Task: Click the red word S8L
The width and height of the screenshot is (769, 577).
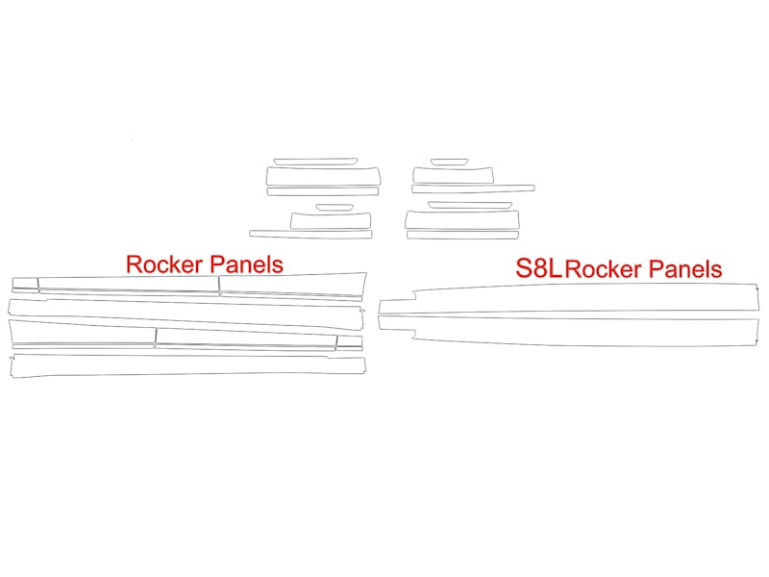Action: point(538,268)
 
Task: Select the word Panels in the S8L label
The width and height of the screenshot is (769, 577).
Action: point(685,269)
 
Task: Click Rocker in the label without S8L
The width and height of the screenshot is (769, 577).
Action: point(164,264)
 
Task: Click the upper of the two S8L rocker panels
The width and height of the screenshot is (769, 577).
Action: point(569,298)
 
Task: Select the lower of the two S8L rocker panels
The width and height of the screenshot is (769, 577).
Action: point(569,332)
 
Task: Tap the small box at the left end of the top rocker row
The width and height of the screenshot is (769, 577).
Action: point(25,283)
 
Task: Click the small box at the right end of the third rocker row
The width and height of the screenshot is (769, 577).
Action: point(350,341)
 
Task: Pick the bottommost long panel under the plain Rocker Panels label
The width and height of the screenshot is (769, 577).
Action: point(187,366)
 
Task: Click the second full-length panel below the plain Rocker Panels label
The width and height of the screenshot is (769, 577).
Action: point(186,314)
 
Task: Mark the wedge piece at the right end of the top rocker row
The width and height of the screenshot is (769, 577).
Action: point(293,285)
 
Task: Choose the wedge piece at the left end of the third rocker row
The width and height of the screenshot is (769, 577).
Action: point(82,333)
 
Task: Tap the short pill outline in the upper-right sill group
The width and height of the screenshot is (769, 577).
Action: point(449,162)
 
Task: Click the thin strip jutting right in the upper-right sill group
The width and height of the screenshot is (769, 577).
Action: point(473,188)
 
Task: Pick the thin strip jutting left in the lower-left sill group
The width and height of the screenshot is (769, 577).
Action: point(310,235)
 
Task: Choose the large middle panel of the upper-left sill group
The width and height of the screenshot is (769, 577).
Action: point(323,177)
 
